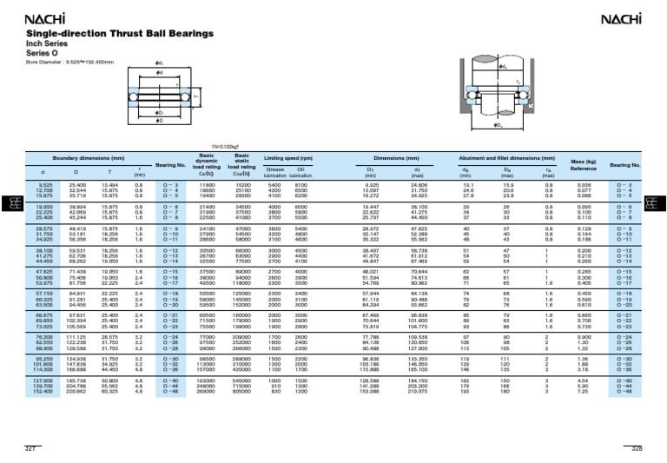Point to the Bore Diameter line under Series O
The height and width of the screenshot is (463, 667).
point(58,61)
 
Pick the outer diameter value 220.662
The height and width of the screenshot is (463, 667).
point(76,415)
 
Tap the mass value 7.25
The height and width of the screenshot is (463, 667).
point(584,415)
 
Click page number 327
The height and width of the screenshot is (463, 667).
point(29,446)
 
